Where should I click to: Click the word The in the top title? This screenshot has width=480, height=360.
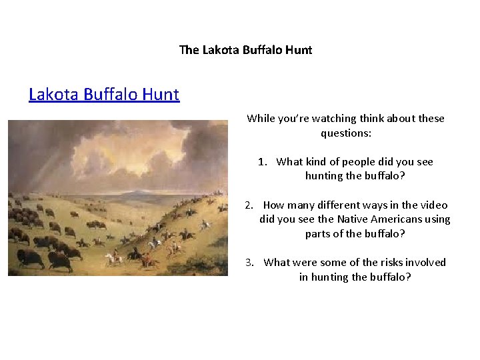coord(189,50)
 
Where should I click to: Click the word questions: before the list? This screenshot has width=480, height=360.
coord(346,133)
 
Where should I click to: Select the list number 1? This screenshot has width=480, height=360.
coord(263,162)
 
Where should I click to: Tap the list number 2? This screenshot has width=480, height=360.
coord(250,205)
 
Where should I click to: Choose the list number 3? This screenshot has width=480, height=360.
coord(250,263)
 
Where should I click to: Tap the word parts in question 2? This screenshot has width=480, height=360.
coord(319,234)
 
